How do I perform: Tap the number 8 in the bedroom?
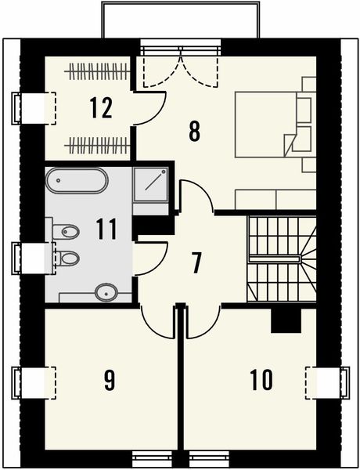click(195, 130)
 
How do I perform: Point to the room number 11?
click(106, 230)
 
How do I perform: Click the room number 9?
click(110, 381)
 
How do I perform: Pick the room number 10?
click(261, 381)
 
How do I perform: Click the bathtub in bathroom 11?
click(75, 180)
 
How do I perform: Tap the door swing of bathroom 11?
click(152, 258)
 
